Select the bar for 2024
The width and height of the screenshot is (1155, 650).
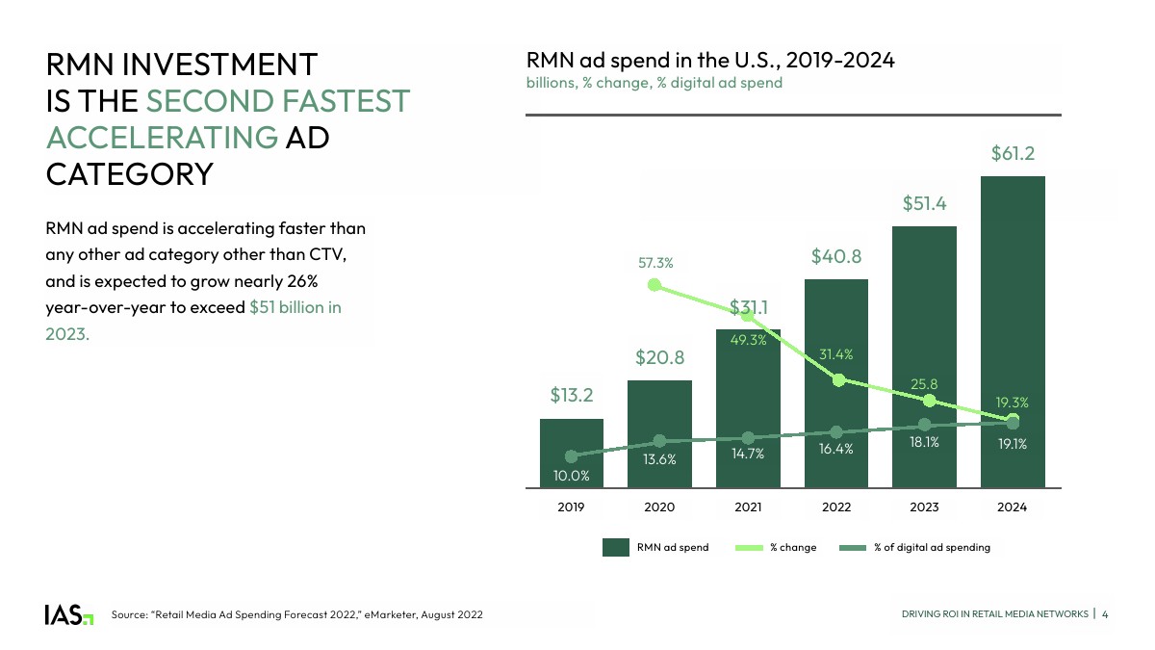tap(1013, 327)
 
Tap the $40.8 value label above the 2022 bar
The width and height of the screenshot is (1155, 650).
tap(835, 256)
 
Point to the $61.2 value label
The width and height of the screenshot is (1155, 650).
tap(1013, 153)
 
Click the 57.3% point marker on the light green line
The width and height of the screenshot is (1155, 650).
tap(654, 285)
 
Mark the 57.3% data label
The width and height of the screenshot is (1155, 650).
tap(654, 262)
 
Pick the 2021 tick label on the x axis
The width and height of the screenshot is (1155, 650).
tap(748, 507)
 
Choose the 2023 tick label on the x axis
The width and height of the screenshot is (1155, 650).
tap(924, 507)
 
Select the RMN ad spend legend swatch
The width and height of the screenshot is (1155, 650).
tap(615, 548)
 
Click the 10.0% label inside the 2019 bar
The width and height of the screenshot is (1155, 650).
tap(571, 475)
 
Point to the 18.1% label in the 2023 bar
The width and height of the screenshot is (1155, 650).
tap(924, 444)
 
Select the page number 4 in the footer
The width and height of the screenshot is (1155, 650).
tap(1105, 614)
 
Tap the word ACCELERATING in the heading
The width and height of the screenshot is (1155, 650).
tap(162, 137)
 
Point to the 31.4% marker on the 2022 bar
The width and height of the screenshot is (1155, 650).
tap(838, 380)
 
